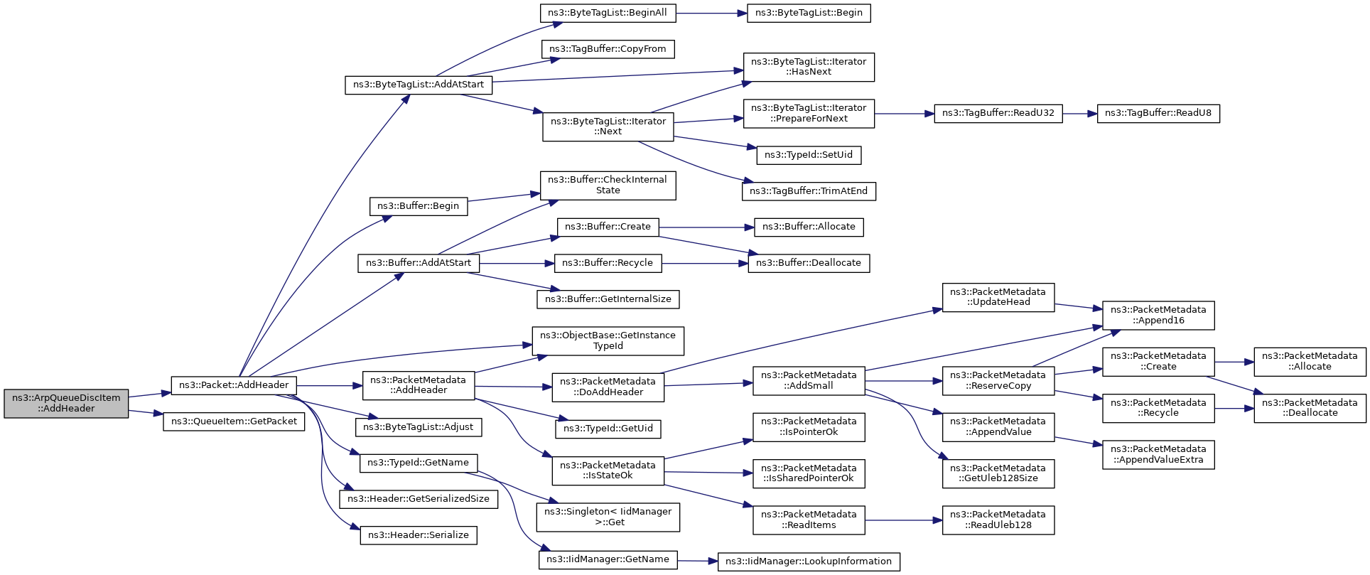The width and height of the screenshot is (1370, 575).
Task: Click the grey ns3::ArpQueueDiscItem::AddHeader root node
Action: (x=66, y=403)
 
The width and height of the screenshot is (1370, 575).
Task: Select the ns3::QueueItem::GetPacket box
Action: (x=234, y=421)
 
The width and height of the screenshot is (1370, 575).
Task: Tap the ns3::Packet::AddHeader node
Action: (x=234, y=385)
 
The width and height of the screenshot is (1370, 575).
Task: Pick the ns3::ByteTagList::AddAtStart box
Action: (x=419, y=85)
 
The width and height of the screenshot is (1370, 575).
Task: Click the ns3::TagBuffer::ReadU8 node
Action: (x=1158, y=113)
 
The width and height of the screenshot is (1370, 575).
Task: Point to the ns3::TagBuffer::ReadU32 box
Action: (x=998, y=113)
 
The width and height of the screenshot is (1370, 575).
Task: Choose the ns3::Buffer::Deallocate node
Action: (x=809, y=263)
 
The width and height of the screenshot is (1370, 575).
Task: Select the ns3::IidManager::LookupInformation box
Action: (x=809, y=561)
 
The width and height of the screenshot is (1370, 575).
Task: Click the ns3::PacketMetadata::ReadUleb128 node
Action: (x=998, y=520)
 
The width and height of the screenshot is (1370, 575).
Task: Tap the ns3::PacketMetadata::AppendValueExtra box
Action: (x=1158, y=454)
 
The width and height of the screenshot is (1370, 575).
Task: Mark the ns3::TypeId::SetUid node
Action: (x=809, y=155)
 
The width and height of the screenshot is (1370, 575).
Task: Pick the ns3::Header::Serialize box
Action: (x=419, y=535)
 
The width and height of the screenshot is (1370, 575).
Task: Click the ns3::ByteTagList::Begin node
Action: (x=809, y=13)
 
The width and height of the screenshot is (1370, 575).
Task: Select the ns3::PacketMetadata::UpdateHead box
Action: (x=998, y=297)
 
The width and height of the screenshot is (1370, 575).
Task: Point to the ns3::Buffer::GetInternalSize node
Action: (x=608, y=299)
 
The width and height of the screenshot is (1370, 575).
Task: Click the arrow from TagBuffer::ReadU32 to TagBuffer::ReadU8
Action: (x=1080, y=113)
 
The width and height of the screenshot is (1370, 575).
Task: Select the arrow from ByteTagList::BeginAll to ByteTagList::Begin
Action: (x=711, y=13)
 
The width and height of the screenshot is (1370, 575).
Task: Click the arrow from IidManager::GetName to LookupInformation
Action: (x=697, y=561)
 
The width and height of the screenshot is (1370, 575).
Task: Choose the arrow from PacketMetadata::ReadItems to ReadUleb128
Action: (x=903, y=520)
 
